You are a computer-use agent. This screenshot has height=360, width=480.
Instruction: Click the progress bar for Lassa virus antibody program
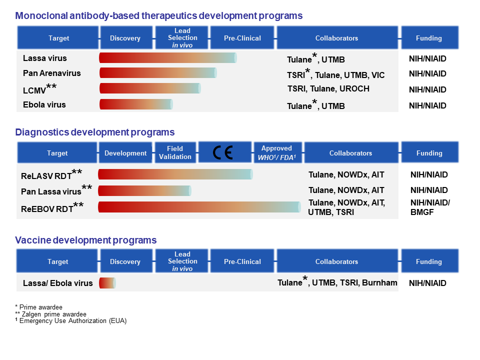[167, 58]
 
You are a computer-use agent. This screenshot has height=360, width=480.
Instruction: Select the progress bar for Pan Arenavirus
[158, 73]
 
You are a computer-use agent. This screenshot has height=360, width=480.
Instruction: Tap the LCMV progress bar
[150, 88]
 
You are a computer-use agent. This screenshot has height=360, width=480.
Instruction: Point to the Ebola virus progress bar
[136, 104]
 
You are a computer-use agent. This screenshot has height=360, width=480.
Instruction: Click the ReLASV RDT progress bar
[175, 174]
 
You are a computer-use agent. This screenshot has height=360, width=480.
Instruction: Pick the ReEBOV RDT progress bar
[199, 207]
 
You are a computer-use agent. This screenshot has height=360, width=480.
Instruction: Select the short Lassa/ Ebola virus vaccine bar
[107, 283]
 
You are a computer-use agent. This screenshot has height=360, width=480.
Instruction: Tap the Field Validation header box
[175, 152]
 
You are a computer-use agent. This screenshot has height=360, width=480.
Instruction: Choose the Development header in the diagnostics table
[125, 153]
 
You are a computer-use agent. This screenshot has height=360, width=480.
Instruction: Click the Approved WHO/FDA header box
[276, 152]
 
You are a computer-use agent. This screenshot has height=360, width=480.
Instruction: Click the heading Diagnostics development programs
[95, 132]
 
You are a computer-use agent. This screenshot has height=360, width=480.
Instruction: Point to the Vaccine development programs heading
[86, 240]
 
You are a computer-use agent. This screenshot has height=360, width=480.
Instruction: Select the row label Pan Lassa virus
[51, 191]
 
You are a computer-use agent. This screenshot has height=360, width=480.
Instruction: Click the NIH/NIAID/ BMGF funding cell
[430, 207]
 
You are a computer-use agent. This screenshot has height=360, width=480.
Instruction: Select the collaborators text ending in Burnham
[337, 283]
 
